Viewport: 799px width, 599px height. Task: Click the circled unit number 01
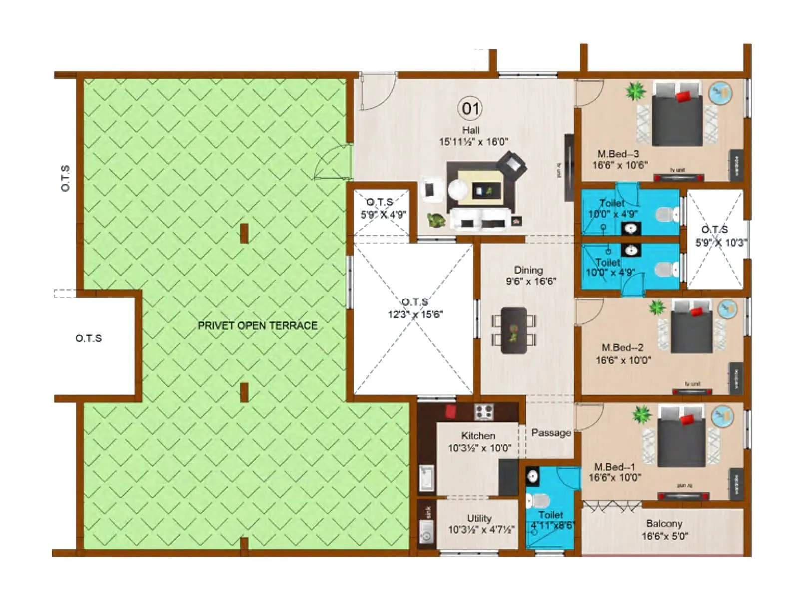pyautogui.click(x=470, y=108)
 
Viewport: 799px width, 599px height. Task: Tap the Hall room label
pyautogui.click(x=471, y=130)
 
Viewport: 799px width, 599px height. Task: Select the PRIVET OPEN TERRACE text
pyautogui.click(x=258, y=326)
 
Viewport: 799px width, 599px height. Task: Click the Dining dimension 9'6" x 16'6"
pyautogui.click(x=531, y=282)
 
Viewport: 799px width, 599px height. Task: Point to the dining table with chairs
pyautogui.click(x=514, y=330)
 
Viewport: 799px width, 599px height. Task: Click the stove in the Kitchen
pyautogui.click(x=484, y=412)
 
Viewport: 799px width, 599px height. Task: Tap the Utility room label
pyautogui.click(x=479, y=518)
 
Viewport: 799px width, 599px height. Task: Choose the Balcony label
pyautogui.click(x=664, y=524)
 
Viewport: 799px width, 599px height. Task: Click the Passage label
pyautogui.click(x=551, y=433)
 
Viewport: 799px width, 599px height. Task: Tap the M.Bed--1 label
pyautogui.click(x=615, y=467)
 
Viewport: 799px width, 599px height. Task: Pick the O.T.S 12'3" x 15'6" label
pyautogui.click(x=415, y=308)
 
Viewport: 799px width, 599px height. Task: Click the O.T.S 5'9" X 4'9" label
pyautogui.click(x=383, y=208)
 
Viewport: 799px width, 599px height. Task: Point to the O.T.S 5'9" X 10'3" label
pyautogui.click(x=719, y=236)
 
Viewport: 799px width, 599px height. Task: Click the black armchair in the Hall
pyautogui.click(x=513, y=165)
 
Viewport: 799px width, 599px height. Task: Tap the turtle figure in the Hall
pyautogui.click(x=436, y=220)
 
